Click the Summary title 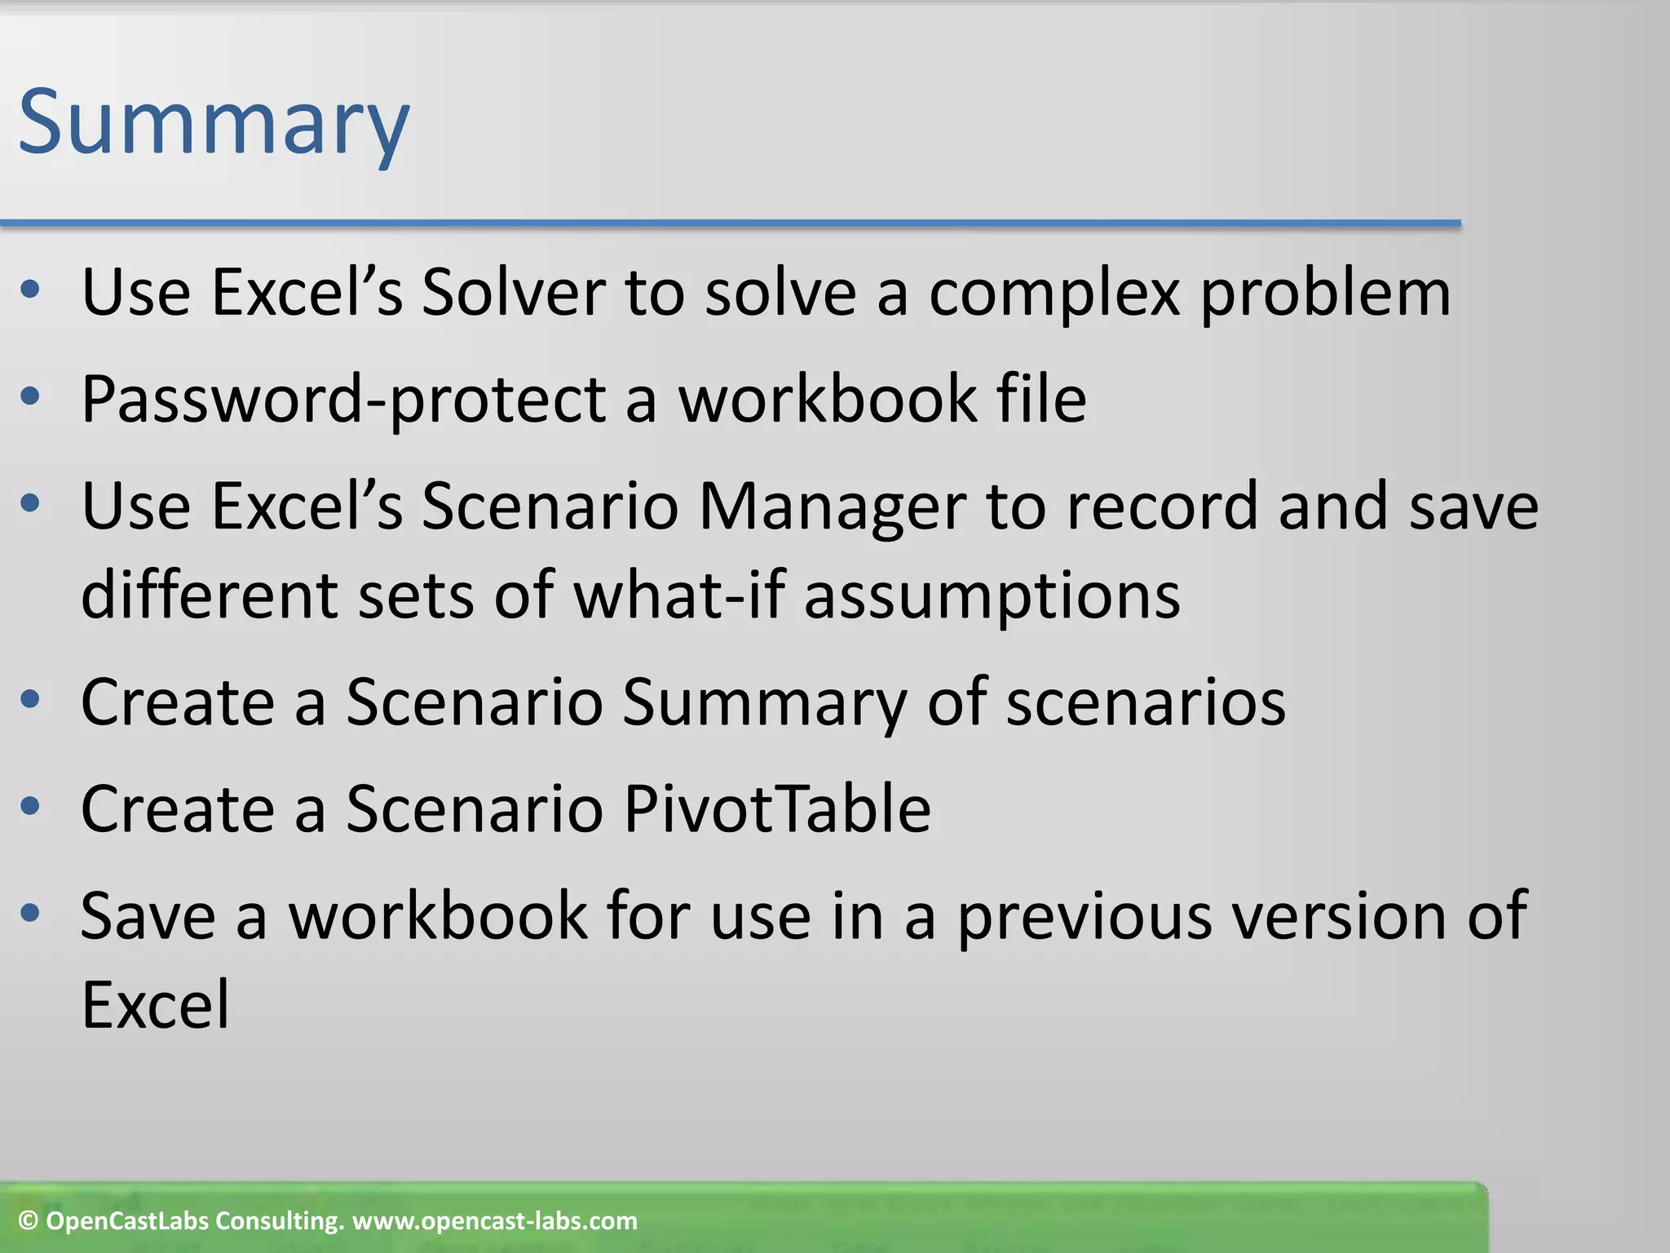coord(214,124)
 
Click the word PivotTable coord(776,808)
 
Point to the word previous coord(1085,916)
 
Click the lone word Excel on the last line coord(156,1004)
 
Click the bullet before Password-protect coord(30,397)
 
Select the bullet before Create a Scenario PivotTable coord(30,807)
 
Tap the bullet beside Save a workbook coord(30,914)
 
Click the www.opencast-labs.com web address coord(495,1221)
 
